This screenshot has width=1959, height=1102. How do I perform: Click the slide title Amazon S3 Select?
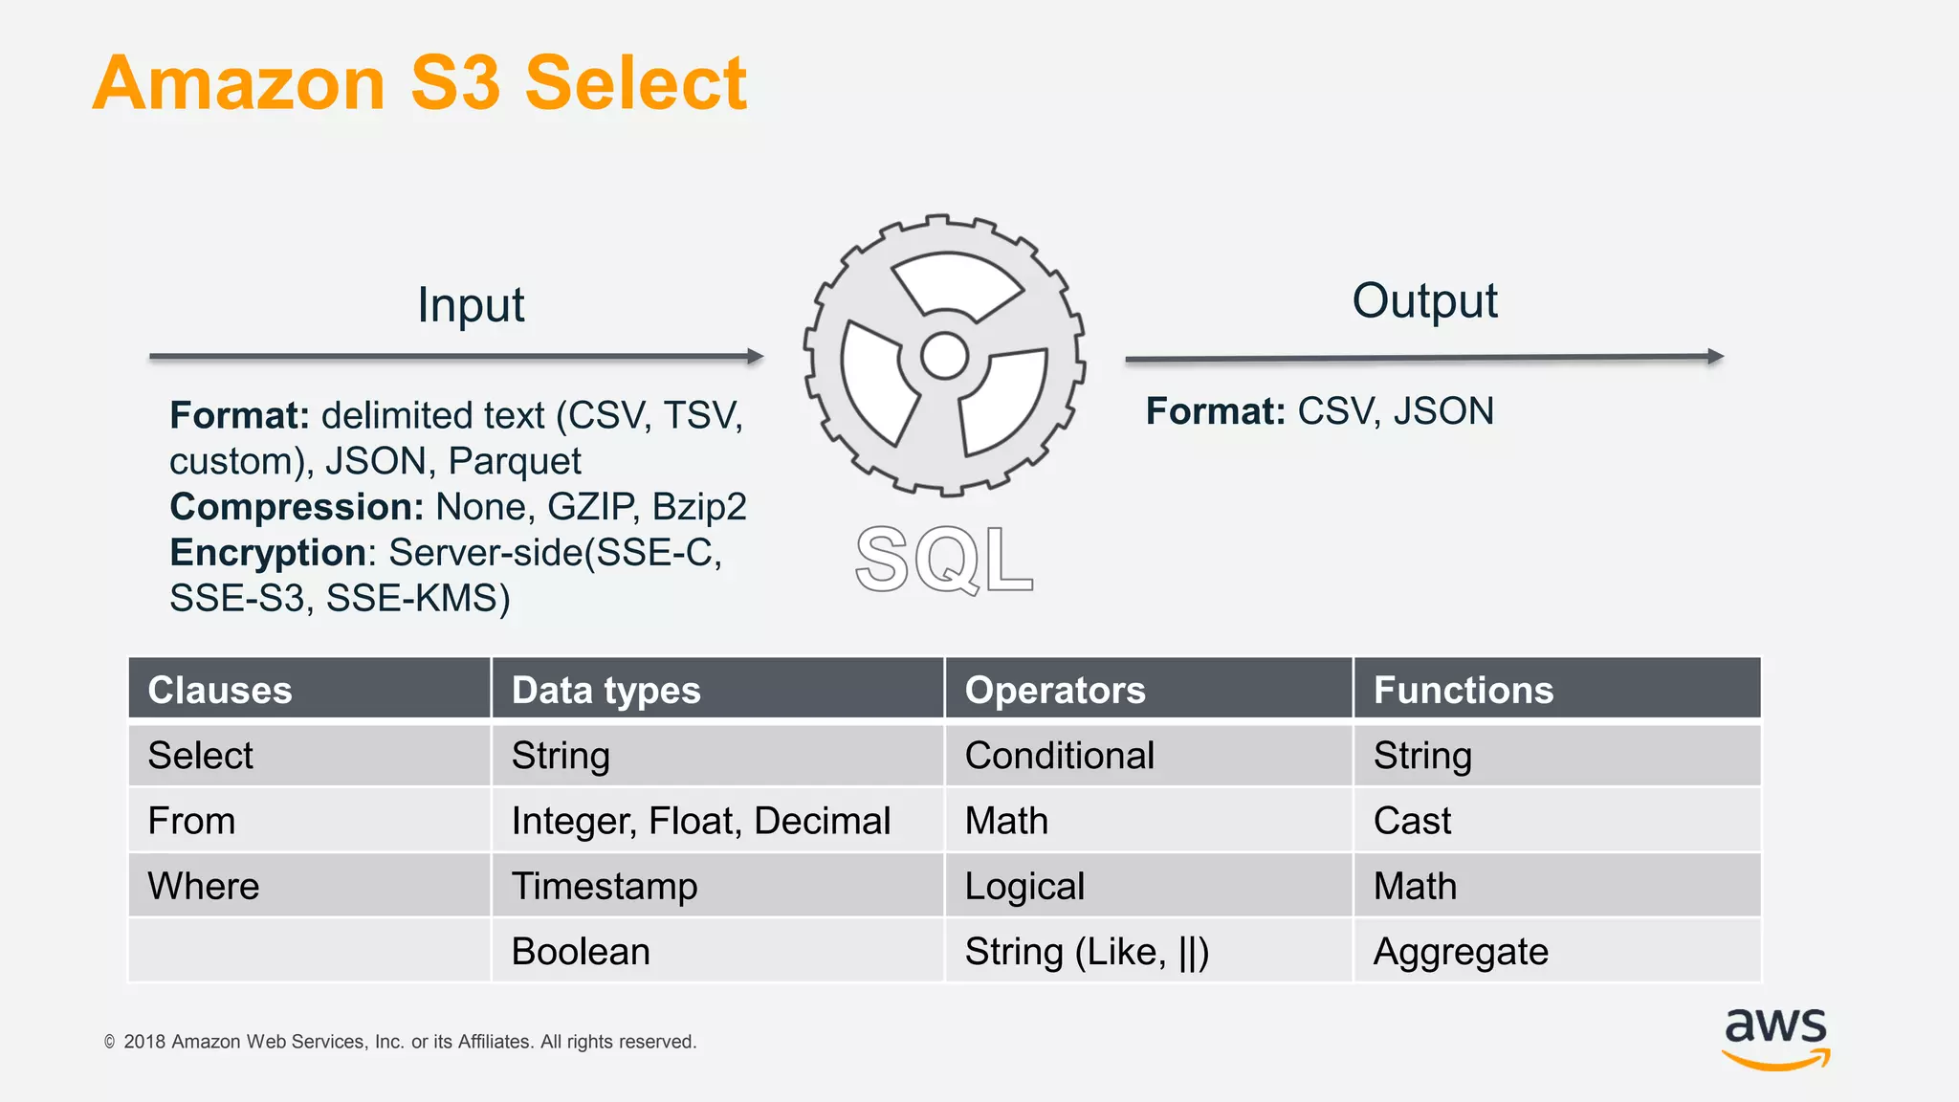pyautogui.click(x=419, y=83)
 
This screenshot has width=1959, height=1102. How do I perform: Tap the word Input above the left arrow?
pyautogui.click(x=471, y=305)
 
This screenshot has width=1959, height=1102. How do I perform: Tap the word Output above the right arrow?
pyautogui.click(x=1424, y=300)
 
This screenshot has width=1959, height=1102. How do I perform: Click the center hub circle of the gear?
pyautogui.click(x=945, y=357)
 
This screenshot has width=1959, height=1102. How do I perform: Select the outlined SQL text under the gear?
pyautogui.click(x=944, y=560)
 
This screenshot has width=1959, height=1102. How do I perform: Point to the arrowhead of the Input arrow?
pyautogui.click(x=757, y=357)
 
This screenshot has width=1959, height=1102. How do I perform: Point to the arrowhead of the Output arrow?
pyautogui.click(x=1716, y=357)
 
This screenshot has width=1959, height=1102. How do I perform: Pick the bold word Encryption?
pyautogui.click(x=268, y=553)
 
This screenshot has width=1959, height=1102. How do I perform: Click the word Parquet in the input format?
pyautogui.click(x=515, y=462)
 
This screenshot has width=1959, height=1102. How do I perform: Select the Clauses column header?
pyautogui.click(x=220, y=690)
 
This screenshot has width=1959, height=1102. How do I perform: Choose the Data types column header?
pyautogui.click(x=606, y=690)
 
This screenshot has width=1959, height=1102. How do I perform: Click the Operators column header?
pyautogui.click(x=1055, y=690)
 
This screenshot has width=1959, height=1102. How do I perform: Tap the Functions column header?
pyautogui.click(x=1464, y=690)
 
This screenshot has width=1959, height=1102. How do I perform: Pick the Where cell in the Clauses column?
pyautogui.click(x=204, y=886)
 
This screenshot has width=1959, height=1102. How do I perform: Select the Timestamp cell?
pyautogui.click(x=605, y=886)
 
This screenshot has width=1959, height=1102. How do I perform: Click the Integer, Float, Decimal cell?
pyautogui.click(x=701, y=821)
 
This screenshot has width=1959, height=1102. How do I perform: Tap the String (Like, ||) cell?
pyautogui.click(x=1087, y=952)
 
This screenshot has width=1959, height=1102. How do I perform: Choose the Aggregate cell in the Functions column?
pyautogui.click(x=1461, y=952)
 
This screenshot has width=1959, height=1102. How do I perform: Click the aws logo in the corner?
pyautogui.click(x=1775, y=1038)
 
